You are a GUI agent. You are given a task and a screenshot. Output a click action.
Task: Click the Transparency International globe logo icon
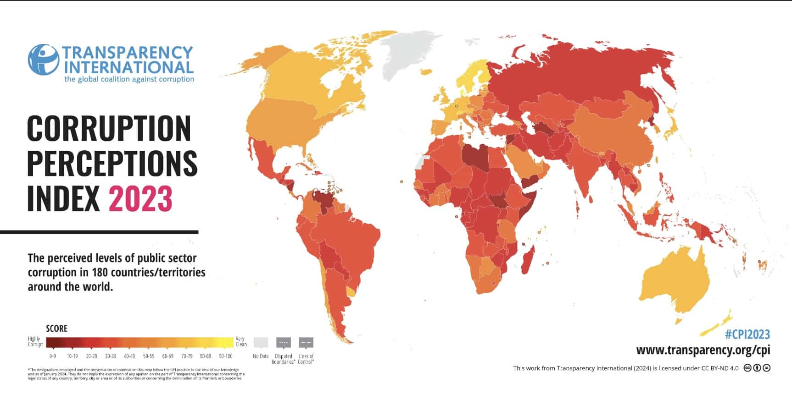tap(43, 60)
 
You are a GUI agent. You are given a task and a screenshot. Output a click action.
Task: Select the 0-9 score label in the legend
tap(52, 356)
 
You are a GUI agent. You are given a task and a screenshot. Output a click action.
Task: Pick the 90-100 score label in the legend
tap(225, 356)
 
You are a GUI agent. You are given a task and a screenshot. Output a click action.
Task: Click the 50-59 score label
tap(149, 356)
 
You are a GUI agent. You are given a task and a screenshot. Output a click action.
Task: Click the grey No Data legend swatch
tap(261, 343)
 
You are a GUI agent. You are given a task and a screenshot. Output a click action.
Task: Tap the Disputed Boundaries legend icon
tap(283, 343)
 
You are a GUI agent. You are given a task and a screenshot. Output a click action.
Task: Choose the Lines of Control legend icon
tap(306, 343)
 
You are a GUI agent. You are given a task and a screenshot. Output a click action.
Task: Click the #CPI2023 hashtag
tap(747, 334)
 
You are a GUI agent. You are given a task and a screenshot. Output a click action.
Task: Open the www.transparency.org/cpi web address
tap(703, 350)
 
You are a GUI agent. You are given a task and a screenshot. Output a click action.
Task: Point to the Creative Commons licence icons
tap(757, 368)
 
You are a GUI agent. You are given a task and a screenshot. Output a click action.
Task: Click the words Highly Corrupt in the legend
tap(35, 342)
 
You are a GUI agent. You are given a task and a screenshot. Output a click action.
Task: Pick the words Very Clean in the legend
tap(241, 342)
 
